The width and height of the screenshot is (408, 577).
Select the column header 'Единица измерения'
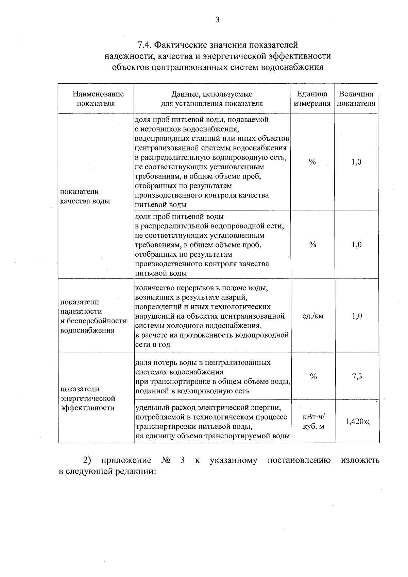(x=312, y=99)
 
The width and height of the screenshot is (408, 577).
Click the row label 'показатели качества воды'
(x=85, y=196)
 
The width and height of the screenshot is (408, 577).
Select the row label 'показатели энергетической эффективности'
(x=88, y=398)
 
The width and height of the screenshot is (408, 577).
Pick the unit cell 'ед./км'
(x=313, y=316)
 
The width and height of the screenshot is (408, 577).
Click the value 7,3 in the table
(x=357, y=376)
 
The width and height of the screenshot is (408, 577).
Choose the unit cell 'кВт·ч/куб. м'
(x=313, y=421)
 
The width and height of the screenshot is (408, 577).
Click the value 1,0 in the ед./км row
(x=357, y=316)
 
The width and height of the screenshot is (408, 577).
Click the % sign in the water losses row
(x=313, y=376)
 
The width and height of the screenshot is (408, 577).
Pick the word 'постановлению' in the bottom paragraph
(x=299, y=461)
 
